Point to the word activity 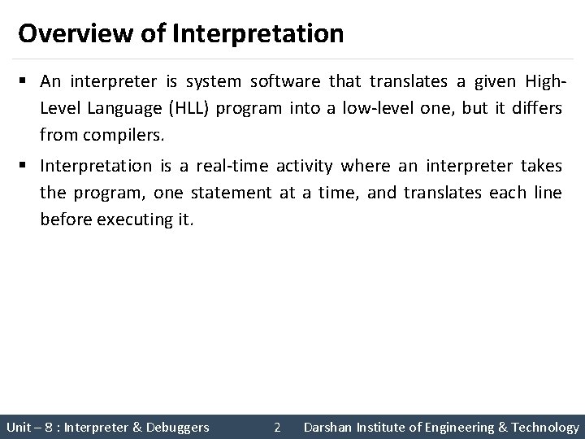pyautogui.click(x=304, y=167)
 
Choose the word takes pyautogui.click(x=543, y=167)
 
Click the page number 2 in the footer pyautogui.click(x=277, y=427)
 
